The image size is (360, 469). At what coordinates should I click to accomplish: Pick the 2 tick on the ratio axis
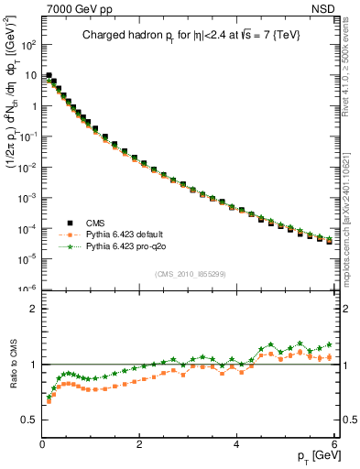33,309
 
